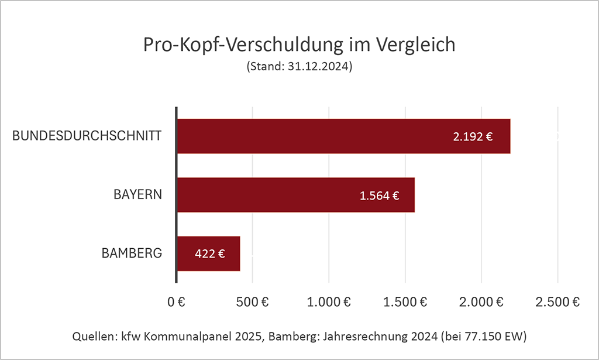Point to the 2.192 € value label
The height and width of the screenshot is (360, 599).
coord(473,137)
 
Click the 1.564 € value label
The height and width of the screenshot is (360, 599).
coord(379,196)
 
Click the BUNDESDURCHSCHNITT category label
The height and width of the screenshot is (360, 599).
coord(87,136)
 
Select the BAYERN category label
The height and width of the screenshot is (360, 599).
coord(137,194)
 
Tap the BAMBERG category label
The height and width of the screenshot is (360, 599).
coord(132,253)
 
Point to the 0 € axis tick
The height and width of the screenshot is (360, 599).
coord(176,302)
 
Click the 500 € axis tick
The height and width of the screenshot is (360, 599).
coord(252,302)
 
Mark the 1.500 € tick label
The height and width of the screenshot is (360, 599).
coord(405,302)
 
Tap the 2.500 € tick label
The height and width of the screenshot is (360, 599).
coord(557,302)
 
